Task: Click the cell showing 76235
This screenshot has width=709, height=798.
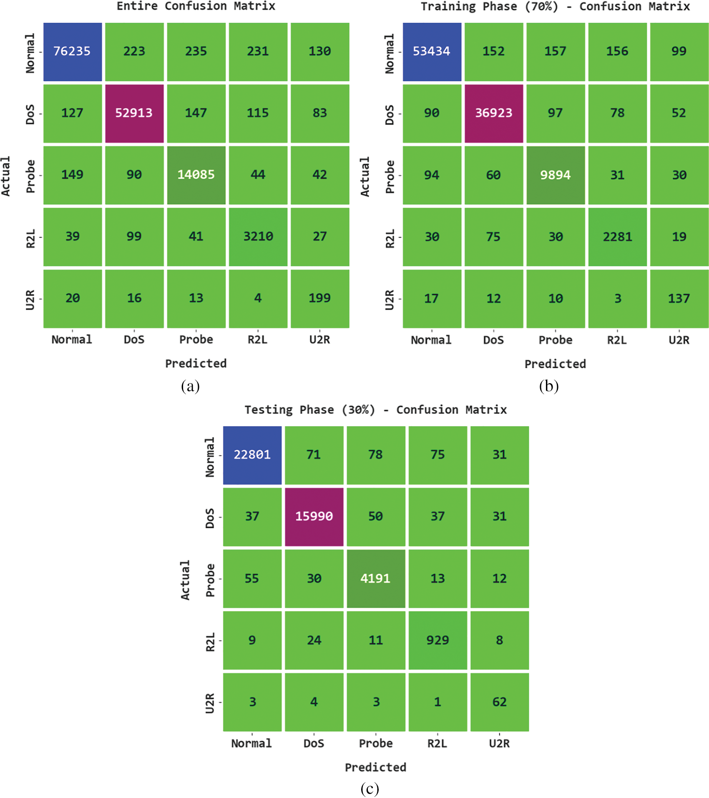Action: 73,52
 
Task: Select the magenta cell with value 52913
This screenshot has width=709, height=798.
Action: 134,113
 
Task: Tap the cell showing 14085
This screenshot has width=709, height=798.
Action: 196,175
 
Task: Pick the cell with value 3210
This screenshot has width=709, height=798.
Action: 258,237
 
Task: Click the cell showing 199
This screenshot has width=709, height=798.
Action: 320,299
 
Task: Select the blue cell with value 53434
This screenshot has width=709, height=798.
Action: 432,52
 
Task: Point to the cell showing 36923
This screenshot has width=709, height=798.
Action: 494,113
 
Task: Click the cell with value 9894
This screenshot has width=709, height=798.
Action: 556,175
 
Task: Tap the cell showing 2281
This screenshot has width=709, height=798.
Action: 617,237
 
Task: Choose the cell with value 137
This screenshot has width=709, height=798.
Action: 679,299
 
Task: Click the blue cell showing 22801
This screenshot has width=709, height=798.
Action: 252,455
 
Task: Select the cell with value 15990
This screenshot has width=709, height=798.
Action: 314,517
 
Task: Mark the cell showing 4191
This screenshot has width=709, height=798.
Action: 376,578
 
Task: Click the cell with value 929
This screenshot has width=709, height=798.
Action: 437,640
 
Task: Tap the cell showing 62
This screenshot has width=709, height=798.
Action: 499,702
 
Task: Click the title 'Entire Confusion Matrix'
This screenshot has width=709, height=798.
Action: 196,6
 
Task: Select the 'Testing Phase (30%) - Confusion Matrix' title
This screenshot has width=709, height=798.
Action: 375,410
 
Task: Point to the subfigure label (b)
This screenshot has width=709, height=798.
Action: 548,386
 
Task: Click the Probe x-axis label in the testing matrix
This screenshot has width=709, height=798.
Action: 376,743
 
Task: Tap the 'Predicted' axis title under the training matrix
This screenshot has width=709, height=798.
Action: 555,364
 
